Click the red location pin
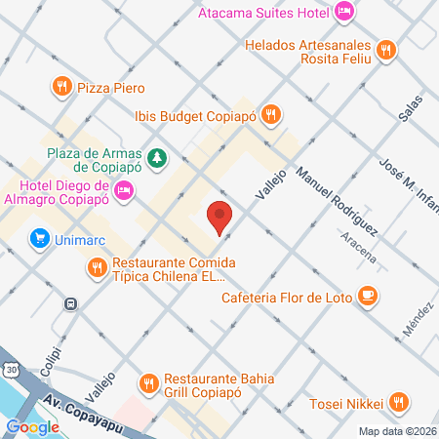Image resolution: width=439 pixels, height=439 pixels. click(x=220, y=216)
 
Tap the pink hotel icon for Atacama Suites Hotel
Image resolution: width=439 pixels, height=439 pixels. click(x=343, y=12)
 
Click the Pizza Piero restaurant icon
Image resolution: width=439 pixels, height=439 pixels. click(x=61, y=87)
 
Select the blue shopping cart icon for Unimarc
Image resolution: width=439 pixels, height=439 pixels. click(x=39, y=237)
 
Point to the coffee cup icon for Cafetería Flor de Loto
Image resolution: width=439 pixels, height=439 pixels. click(x=367, y=296)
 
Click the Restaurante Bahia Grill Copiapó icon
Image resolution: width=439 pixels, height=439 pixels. click(x=149, y=383)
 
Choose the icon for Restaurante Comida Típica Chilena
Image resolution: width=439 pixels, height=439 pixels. click(x=96, y=266)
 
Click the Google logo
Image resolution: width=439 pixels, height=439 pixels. click(x=32, y=426)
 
